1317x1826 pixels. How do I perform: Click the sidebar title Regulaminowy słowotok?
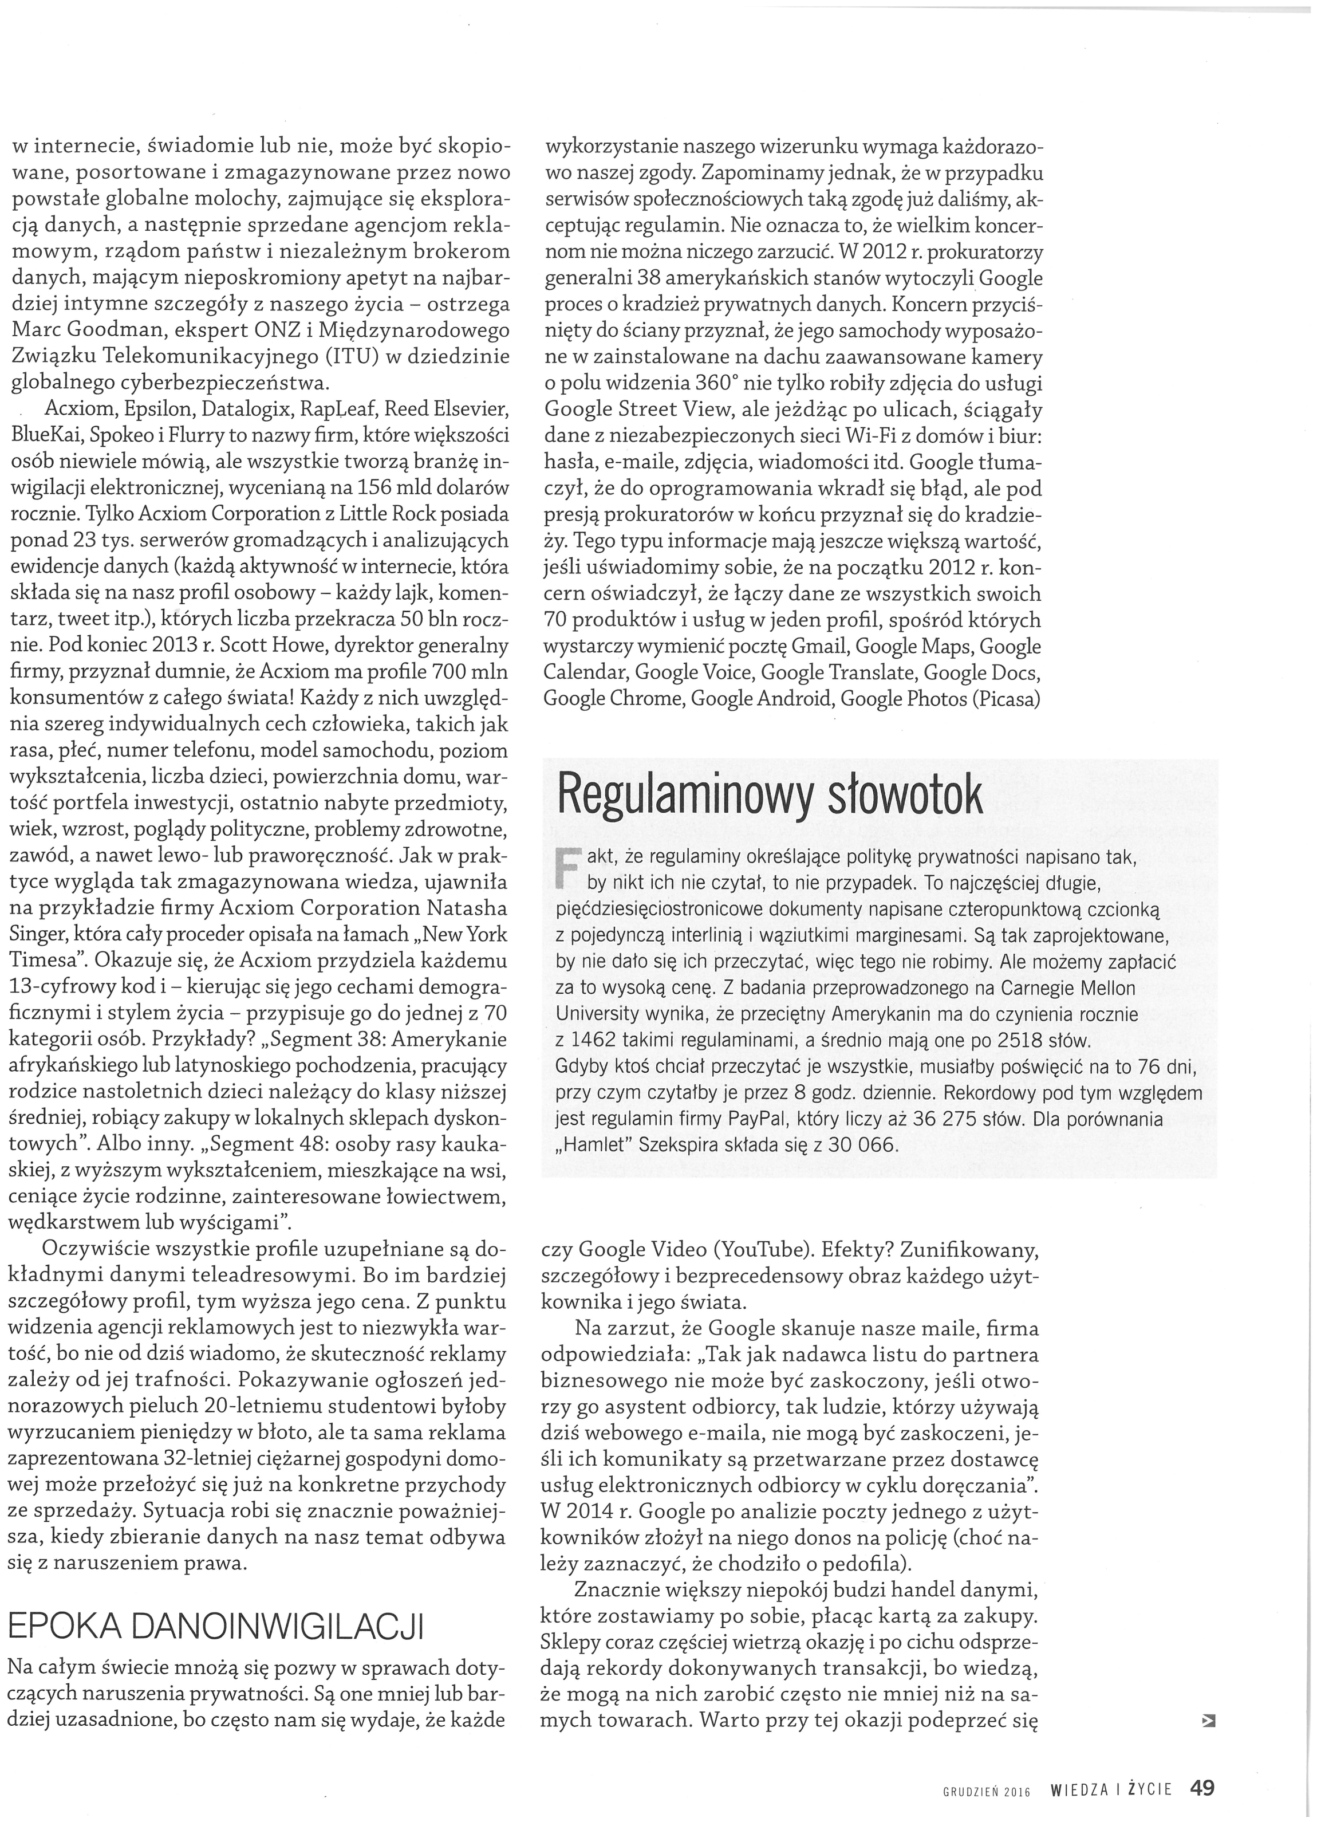pos(770,798)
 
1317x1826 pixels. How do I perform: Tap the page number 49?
pos(1202,1788)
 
